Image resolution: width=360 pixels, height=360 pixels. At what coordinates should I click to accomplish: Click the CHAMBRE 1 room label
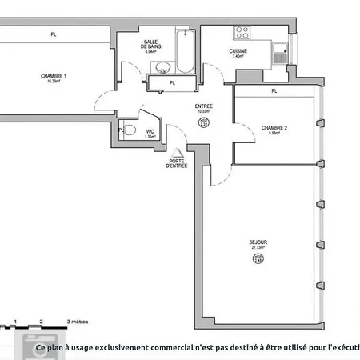(x=54, y=77)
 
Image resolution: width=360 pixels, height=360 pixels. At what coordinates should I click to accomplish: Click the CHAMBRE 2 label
(x=274, y=129)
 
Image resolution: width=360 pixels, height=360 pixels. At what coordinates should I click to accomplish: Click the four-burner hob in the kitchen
(x=242, y=34)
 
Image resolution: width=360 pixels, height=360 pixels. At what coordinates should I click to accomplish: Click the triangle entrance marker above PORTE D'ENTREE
(x=177, y=152)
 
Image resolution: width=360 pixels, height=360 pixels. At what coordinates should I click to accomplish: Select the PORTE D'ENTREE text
(x=177, y=163)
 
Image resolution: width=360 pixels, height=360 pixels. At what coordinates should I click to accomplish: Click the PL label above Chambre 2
(x=274, y=91)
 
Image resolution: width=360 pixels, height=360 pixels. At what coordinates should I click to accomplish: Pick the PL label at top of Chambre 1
(x=54, y=34)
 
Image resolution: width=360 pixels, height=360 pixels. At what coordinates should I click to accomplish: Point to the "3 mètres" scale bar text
(x=78, y=320)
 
